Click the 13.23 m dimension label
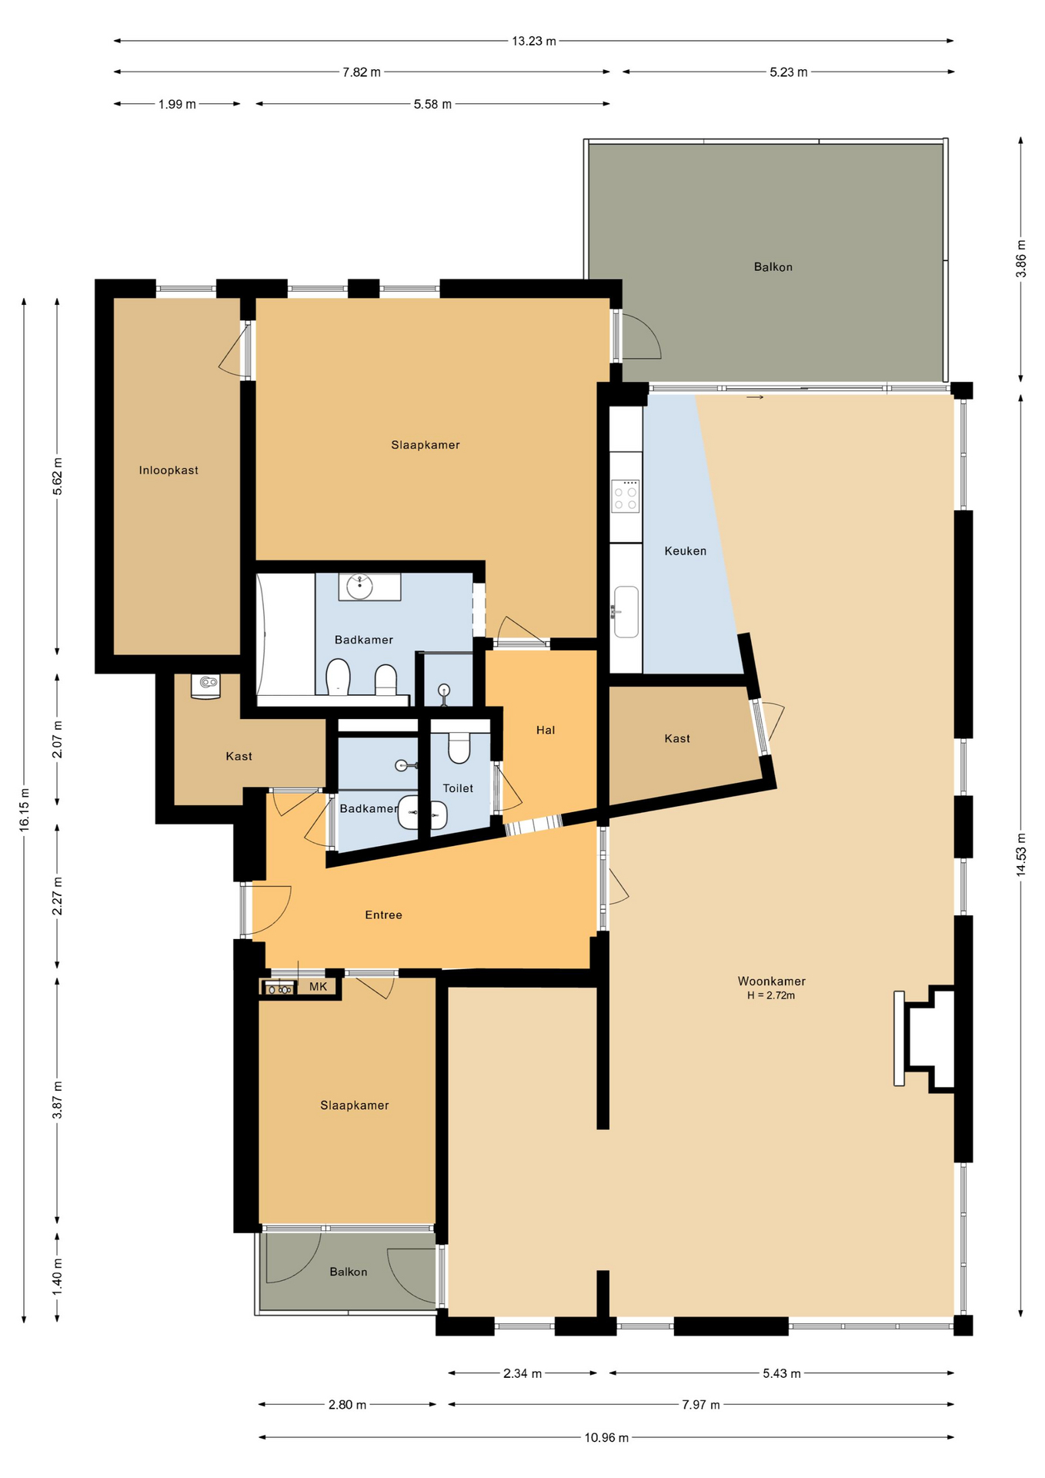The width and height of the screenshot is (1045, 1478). (x=533, y=41)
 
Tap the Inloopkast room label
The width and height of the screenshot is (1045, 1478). (x=169, y=470)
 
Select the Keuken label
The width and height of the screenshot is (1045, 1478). (x=685, y=551)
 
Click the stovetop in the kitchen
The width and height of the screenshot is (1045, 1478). (x=625, y=496)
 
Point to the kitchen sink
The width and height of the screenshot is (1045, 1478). (x=626, y=612)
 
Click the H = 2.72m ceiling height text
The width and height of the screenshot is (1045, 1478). (x=770, y=995)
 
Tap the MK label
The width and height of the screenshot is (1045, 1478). (x=318, y=987)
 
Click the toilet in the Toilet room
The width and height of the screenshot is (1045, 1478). (x=459, y=747)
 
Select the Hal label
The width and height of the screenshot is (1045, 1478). (x=545, y=730)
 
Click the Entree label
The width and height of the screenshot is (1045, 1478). (x=383, y=915)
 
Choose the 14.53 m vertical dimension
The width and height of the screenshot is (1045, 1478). (x=1020, y=854)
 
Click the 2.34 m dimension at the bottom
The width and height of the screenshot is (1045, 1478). (x=522, y=1373)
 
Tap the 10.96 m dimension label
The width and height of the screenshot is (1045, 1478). (x=606, y=1437)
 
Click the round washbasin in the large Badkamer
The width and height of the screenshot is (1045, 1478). (x=359, y=587)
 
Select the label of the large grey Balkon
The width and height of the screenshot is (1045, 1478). (x=773, y=267)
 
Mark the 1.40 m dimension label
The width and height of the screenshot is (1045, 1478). (x=58, y=1276)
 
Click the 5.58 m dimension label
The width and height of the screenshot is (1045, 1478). (x=432, y=104)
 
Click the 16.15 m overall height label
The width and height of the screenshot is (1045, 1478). (x=25, y=809)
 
